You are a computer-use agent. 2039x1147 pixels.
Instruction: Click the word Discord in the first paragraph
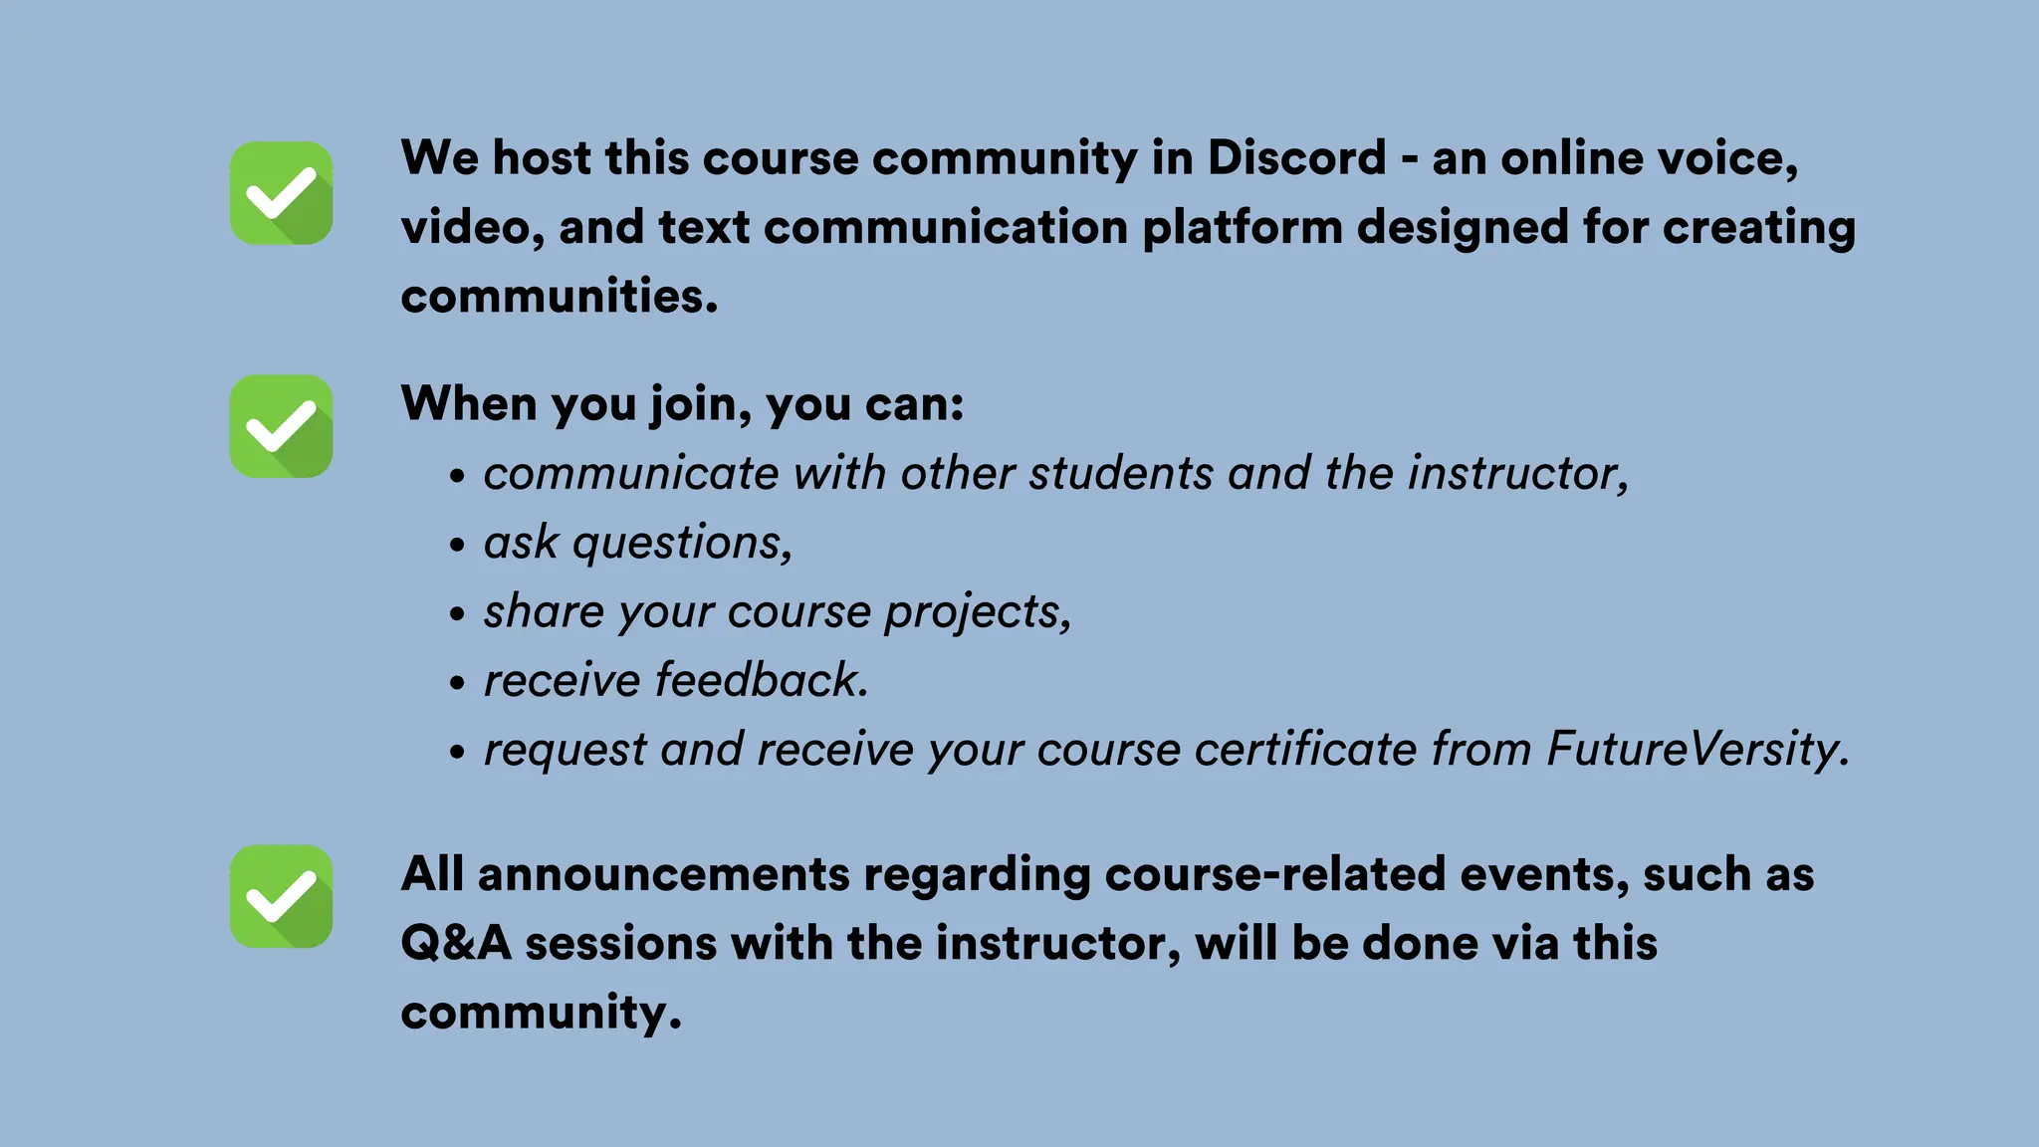pyautogui.click(x=1296, y=158)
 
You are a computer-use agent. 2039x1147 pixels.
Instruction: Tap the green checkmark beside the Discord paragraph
pyautogui.click(x=281, y=193)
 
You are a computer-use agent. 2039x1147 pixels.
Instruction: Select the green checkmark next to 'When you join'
pyautogui.click(x=281, y=426)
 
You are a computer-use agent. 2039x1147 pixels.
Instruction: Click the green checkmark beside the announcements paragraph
pyautogui.click(x=281, y=896)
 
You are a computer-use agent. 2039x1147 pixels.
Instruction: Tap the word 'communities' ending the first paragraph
pyautogui.click(x=558, y=296)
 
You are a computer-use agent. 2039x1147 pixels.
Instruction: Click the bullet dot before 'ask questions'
pyautogui.click(x=457, y=546)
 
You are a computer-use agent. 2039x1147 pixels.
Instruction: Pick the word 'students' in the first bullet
pyautogui.click(x=1121, y=473)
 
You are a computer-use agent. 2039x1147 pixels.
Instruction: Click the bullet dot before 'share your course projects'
pyautogui.click(x=457, y=614)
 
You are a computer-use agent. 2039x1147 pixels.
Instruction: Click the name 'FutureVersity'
pyautogui.click(x=1697, y=749)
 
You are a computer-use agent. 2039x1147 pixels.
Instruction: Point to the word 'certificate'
pyautogui.click(x=1305, y=749)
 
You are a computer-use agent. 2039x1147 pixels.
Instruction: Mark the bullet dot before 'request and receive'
pyautogui.click(x=457, y=753)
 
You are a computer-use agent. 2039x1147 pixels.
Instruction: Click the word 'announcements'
pyautogui.click(x=663, y=874)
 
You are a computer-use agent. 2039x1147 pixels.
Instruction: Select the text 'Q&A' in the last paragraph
pyautogui.click(x=456, y=943)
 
